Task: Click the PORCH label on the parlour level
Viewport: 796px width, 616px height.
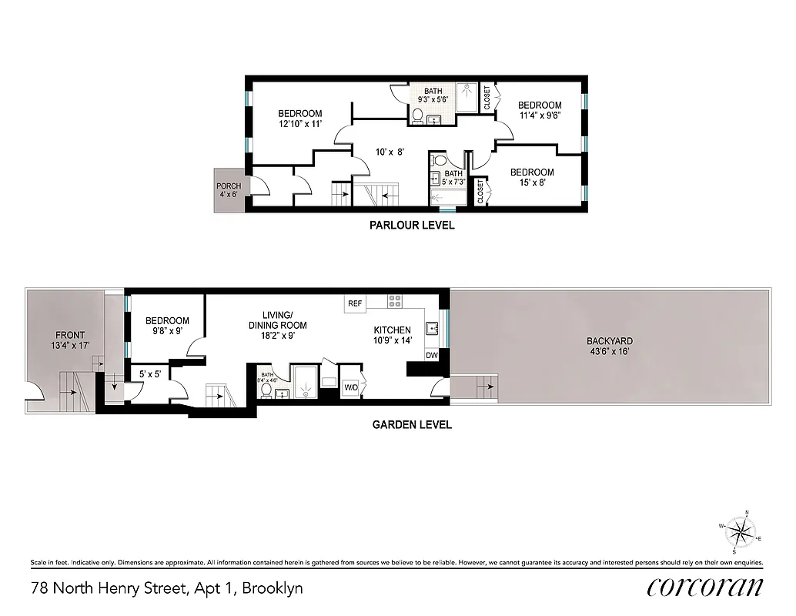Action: click(x=228, y=186)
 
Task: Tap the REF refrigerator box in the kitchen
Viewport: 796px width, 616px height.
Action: click(x=354, y=303)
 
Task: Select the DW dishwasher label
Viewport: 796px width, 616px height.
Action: click(x=432, y=355)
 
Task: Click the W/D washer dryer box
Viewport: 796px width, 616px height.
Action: click(x=351, y=387)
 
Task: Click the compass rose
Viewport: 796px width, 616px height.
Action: click(x=742, y=531)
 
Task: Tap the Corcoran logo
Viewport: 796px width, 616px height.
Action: click(x=704, y=587)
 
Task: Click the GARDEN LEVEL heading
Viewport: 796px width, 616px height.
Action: click(x=412, y=424)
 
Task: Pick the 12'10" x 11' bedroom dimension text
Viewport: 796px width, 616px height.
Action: click(x=299, y=123)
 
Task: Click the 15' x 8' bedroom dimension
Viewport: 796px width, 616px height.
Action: click(x=532, y=182)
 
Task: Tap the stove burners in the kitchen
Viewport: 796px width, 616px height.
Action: click(x=396, y=302)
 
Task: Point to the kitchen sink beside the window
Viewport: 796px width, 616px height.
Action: click(x=433, y=329)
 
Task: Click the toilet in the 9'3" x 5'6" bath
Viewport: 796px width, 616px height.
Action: click(x=416, y=116)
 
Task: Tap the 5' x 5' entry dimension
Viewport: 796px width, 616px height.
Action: click(x=149, y=375)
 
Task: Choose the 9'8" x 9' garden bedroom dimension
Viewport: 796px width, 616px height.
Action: click(x=167, y=331)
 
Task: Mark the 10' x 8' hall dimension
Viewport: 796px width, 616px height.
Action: click(x=389, y=152)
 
